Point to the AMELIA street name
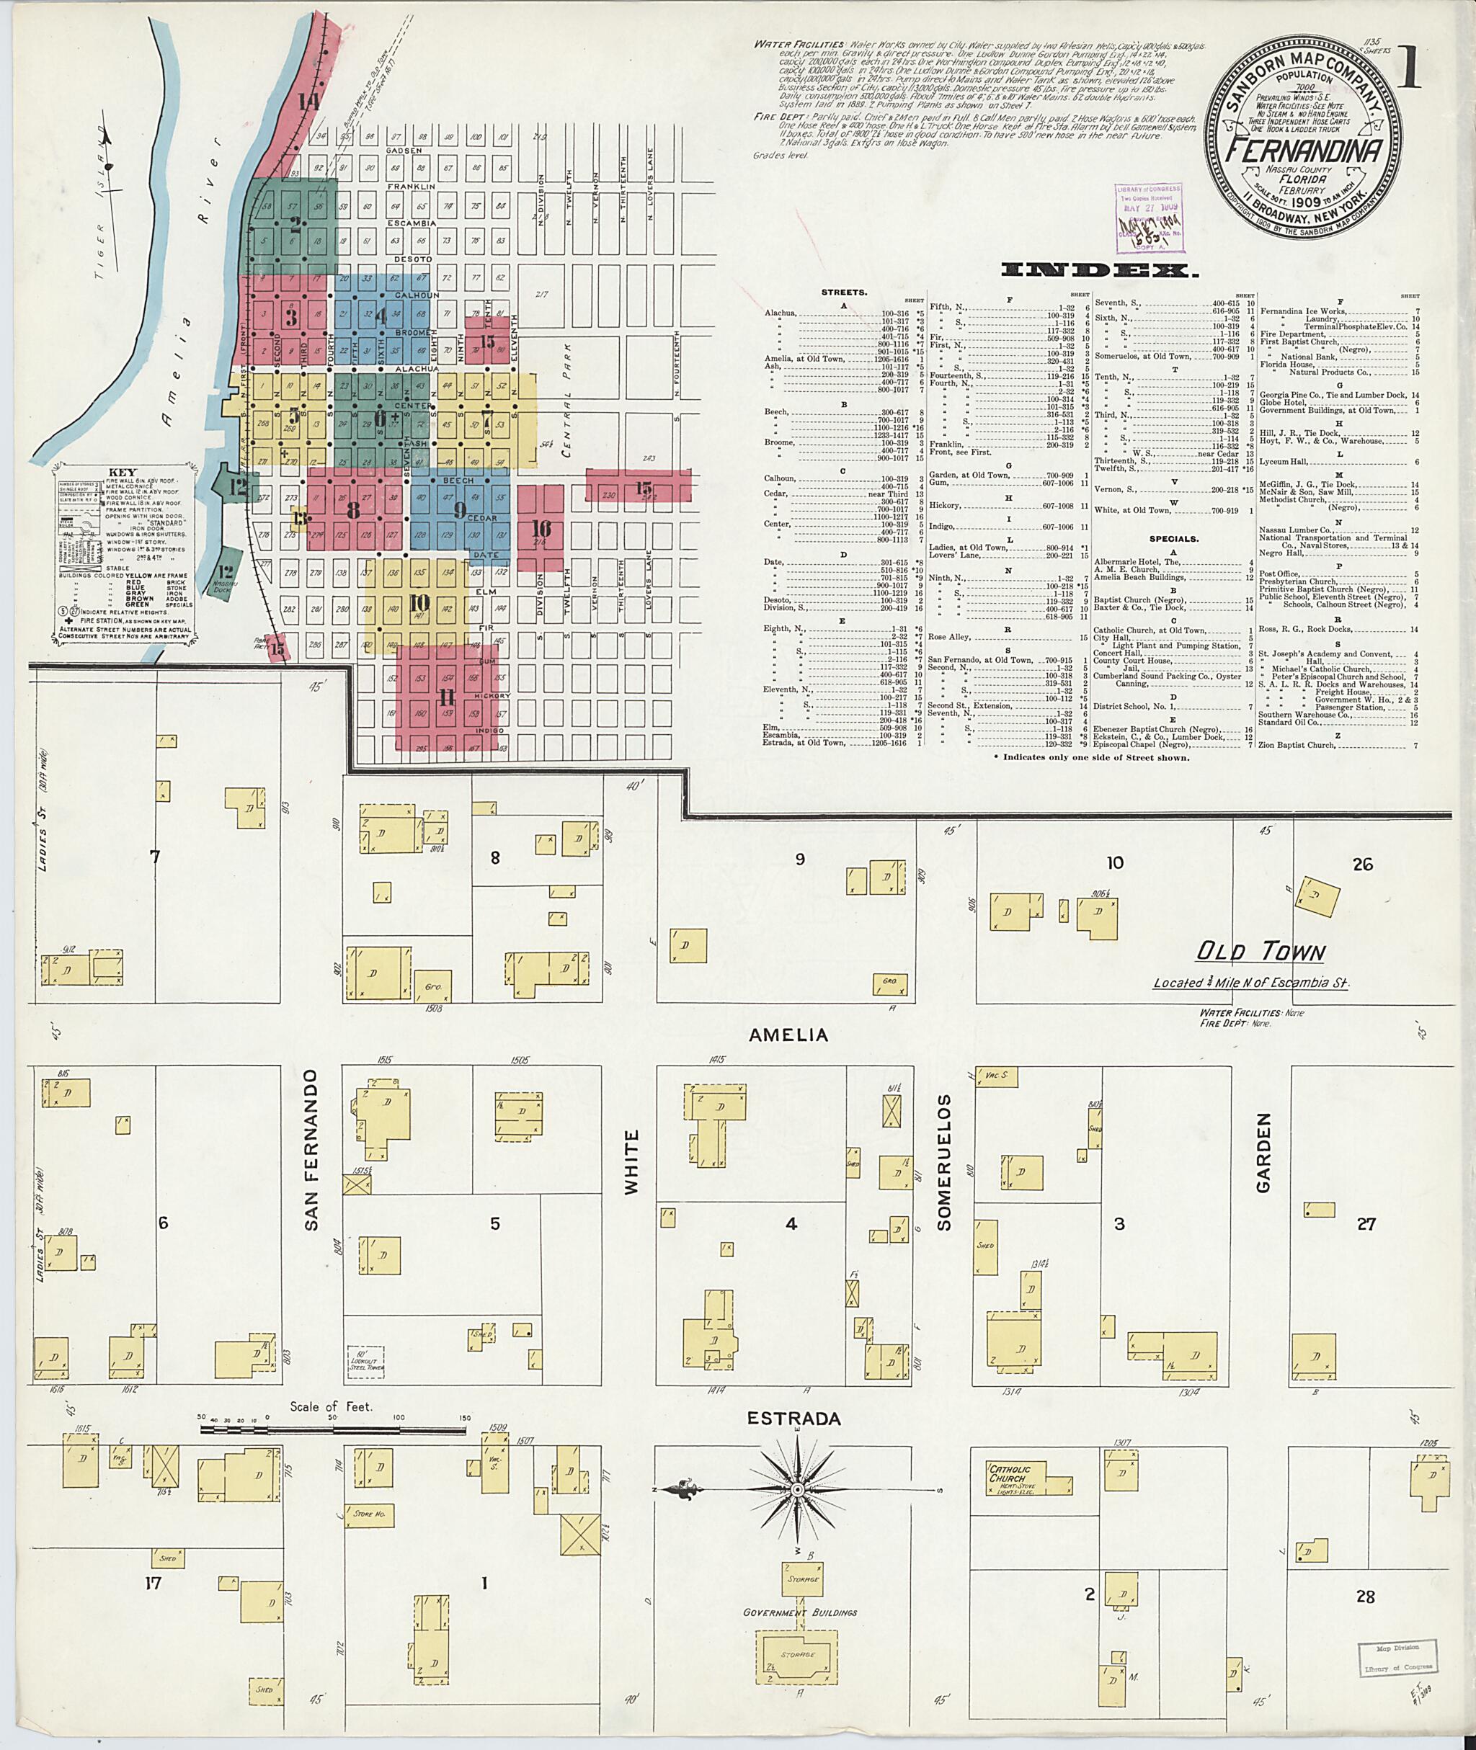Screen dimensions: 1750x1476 (788, 1035)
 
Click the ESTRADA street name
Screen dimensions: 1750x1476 (783, 1419)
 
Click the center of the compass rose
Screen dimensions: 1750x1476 (797, 1490)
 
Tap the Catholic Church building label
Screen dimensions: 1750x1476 (1009, 1474)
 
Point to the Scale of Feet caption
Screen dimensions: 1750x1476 (332, 1406)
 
